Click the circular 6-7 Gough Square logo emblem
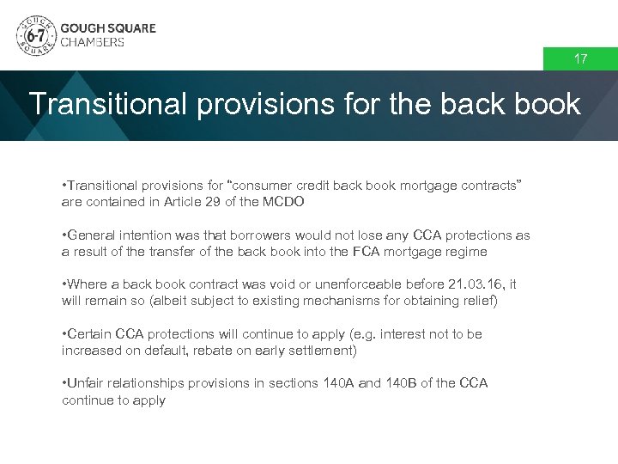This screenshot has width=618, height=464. click(36, 34)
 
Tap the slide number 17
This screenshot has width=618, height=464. click(581, 59)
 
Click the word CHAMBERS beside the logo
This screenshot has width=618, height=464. click(93, 42)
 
